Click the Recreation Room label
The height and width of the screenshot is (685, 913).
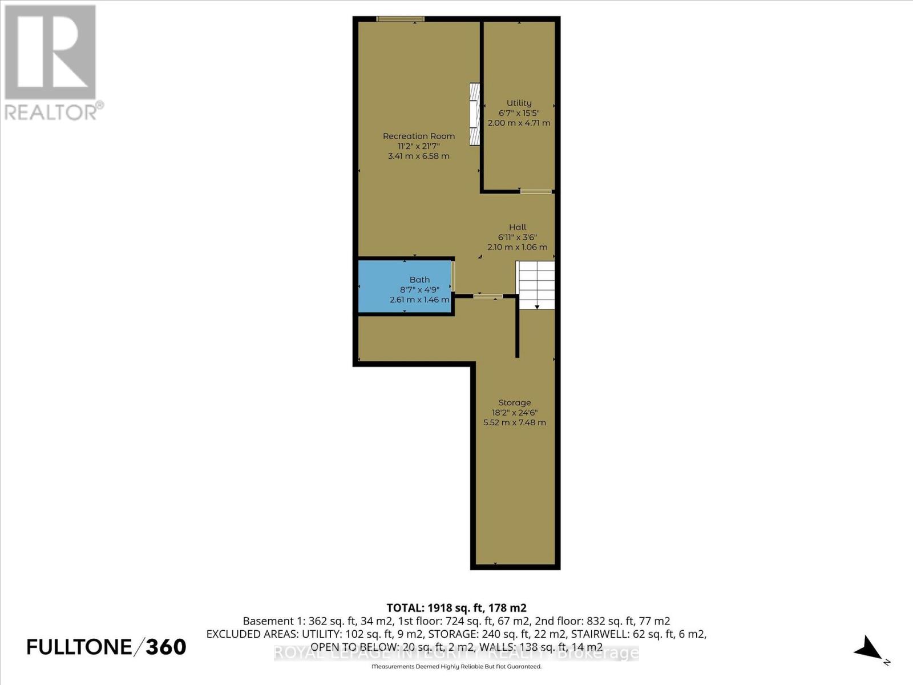(x=418, y=136)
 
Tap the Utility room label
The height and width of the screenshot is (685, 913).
(x=519, y=103)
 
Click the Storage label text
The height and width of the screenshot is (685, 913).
(x=514, y=402)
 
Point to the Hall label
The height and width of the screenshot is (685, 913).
(x=518, y=227)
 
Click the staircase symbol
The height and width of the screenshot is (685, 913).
(x=535, y=284)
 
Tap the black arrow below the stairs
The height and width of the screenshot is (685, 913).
(x=537, y=307)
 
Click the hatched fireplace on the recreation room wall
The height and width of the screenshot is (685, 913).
(x=474, y=114)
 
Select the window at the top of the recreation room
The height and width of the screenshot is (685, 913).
(x=400, y=19)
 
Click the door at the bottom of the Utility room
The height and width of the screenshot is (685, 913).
(x=536, y=192)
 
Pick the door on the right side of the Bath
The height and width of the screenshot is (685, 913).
(x=453, y=276)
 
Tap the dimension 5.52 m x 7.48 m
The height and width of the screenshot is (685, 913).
(x=514, y=423)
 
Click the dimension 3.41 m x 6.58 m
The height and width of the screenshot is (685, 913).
(x=418, y=156)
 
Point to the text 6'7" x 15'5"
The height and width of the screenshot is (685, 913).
(x=519, y=113)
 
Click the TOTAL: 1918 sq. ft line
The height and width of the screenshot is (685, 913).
(x=456, y=608)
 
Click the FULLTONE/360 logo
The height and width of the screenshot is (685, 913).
(x=107, y=647)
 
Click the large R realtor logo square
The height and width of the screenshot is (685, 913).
(x=50, y=52)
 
